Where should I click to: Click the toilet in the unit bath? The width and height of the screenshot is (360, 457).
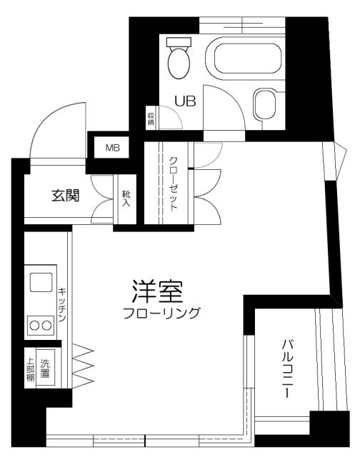179,59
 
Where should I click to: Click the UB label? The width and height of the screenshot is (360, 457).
186,101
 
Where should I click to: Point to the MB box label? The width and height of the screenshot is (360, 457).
113,148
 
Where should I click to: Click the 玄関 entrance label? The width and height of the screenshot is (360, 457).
64,196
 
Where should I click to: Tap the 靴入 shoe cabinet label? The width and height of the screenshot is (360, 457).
126,199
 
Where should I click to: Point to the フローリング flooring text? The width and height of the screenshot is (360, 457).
161,313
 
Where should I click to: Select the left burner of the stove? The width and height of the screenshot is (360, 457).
33,326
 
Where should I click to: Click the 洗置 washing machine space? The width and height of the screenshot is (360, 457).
47,367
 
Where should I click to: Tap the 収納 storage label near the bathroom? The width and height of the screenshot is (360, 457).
151,118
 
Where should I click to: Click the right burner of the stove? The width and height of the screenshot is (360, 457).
46,326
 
